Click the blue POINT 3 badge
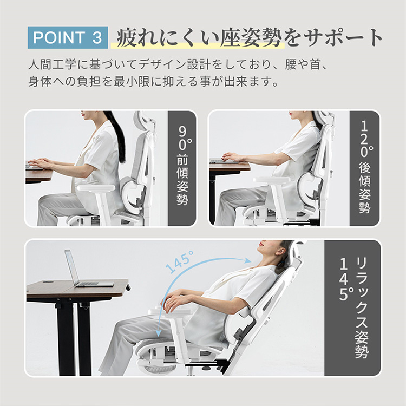pyautogui.click(x=68, y=37)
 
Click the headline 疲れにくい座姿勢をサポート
pyautogui.click(x=250, y=38)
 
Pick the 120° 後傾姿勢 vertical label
pyautogui.click(x=365, y=167)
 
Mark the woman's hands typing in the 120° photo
pyautogui.click(x=231, y=156)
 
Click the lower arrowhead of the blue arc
pyautogui.click(x=159, y=332)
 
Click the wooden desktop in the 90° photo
pyautogui.click(x=39, y=175)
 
